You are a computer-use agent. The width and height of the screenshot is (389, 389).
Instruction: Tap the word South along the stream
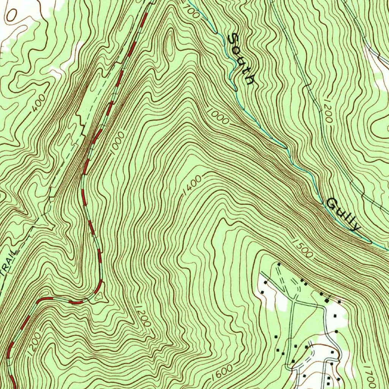click(x=240, y=59)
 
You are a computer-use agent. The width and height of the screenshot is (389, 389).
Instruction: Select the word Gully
click(x=343, y=214)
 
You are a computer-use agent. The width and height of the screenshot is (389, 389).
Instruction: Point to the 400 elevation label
click(x=39, y=103)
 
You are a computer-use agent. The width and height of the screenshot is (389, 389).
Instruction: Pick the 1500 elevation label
click(x=303, y=248)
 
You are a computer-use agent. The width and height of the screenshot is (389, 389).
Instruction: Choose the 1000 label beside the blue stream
click(x=218, y=116)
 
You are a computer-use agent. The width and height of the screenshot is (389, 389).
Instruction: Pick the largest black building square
click(x=335, y=315)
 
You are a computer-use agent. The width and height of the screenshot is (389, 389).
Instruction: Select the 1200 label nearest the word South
click(x=326, y=113)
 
